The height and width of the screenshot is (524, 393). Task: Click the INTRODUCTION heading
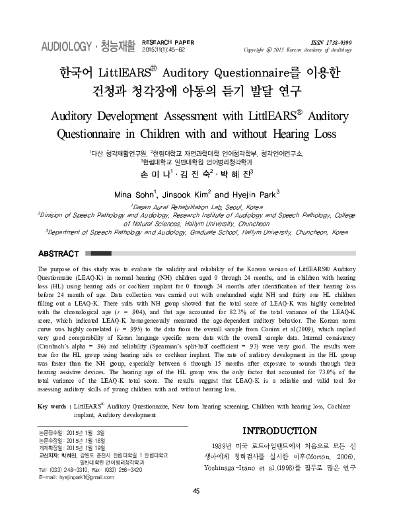pyautogui.click(x=281, y=430)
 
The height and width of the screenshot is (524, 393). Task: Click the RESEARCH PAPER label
pyautogui.click(x=169, y=41)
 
